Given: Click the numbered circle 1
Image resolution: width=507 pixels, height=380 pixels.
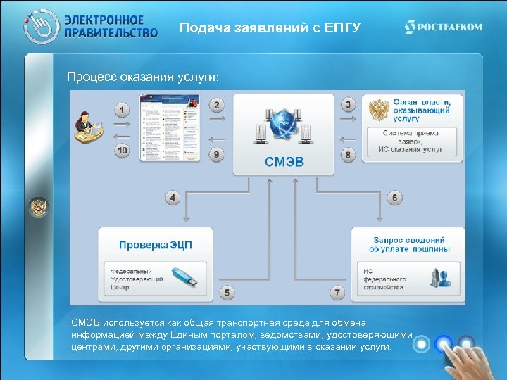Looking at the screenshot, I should pos(123,110).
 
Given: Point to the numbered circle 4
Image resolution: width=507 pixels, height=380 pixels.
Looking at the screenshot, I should pos(173,198).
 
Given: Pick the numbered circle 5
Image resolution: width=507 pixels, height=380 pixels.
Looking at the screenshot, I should pos(225,292).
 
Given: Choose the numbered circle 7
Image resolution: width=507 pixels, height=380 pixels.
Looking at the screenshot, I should pos(338,292).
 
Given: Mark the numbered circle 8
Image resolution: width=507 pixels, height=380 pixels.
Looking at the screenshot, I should pos(348,153).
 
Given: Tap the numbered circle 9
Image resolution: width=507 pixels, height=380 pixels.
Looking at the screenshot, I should pos(217,153).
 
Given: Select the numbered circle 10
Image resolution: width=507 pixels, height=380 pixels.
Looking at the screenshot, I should pos(123,150).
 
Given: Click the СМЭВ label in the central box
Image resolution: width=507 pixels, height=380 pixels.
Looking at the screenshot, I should pos(284,163).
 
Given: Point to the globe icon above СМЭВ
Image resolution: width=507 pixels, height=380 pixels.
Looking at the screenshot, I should pos(284,125).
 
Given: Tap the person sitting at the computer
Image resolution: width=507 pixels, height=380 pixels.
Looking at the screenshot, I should pos(88,127).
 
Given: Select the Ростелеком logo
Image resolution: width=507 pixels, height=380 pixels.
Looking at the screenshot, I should pos(444,27).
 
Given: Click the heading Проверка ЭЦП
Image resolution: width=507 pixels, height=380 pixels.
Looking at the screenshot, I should pos(155,245).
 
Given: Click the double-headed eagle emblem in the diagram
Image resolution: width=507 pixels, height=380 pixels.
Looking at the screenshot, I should pos(380,110).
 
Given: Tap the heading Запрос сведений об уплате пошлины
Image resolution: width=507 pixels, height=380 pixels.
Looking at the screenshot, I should pos(409,244).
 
